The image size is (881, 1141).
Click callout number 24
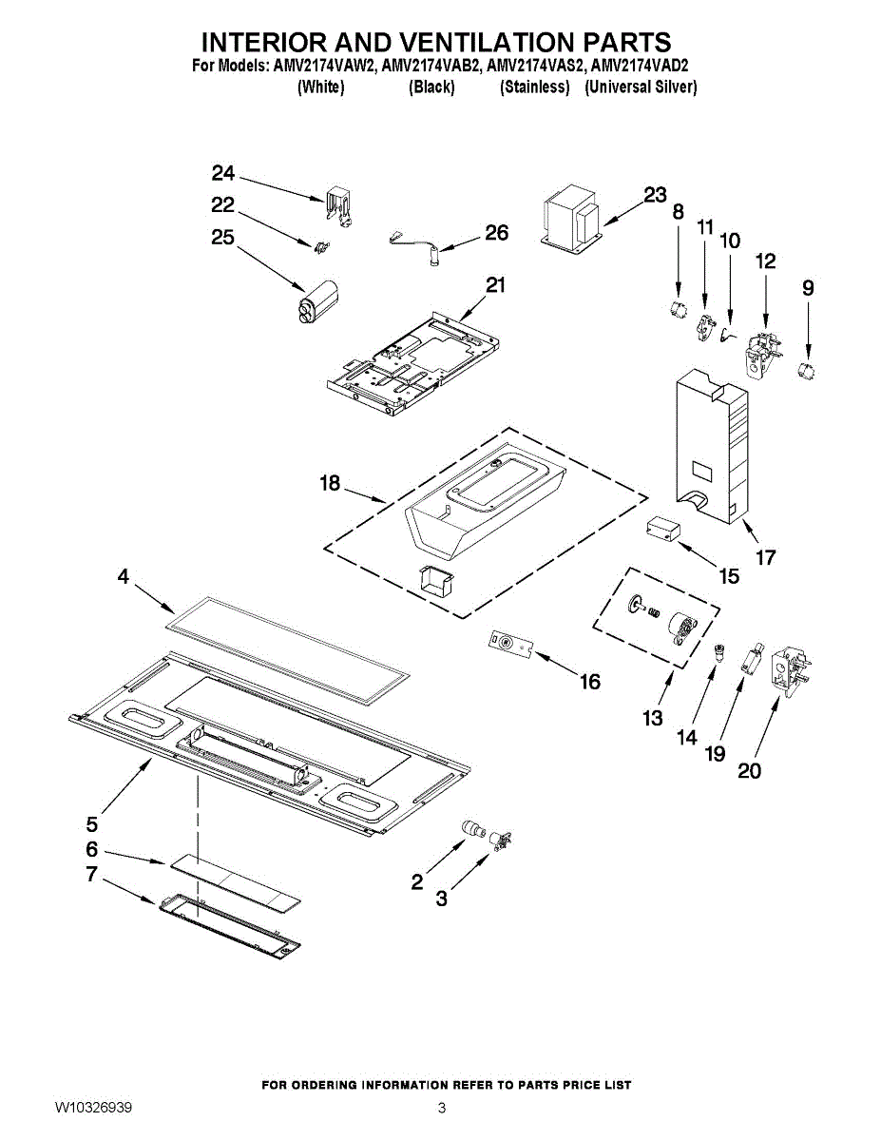223,173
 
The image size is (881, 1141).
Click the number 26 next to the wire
496,233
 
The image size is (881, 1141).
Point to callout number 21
495,285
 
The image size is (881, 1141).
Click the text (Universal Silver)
641,87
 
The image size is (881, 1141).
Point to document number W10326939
93,1109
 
